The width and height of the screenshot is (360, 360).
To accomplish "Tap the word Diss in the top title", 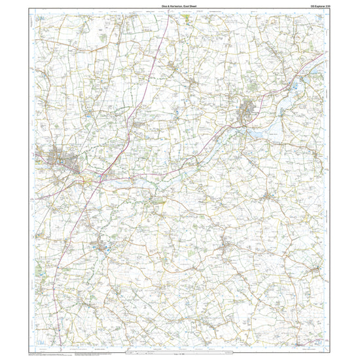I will [165, 6].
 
